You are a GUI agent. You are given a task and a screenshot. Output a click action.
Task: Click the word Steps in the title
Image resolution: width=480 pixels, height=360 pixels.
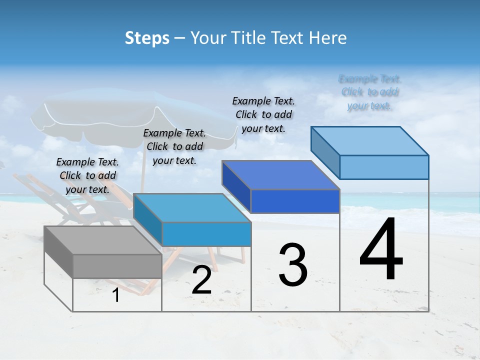pyautogui.click(x=147, y=38)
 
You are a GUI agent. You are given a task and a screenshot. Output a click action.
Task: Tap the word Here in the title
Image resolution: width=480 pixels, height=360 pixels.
pyautogui.click(x=328, y=38)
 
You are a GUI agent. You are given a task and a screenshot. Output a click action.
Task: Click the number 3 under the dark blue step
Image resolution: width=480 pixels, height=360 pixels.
pyautogui.click(x=292, y=265)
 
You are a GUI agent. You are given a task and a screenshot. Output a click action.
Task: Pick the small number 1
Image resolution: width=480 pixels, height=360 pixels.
pyautogui.click(x=116, y=295)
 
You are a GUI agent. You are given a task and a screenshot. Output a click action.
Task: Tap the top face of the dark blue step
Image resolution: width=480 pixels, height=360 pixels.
pyautogui.click(x=280, y=175)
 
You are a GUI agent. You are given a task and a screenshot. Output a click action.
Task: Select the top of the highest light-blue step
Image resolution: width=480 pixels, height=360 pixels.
pyautogui.click(x=369, y=141)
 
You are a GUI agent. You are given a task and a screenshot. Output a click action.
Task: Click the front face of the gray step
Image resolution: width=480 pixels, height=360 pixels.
pyautogui.click(x=117, y=266)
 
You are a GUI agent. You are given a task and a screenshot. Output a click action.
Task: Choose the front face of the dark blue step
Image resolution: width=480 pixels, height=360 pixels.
pyautogui.click(x=295, y=201)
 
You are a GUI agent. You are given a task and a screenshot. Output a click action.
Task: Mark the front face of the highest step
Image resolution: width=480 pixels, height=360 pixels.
pyautogui.click(x=384, y=167)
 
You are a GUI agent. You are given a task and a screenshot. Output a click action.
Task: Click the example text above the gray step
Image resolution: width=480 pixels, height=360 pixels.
pyautogui.click(x=88, y=175)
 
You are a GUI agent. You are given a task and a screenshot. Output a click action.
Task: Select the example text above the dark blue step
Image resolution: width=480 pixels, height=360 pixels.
pyautogui.click(x=263, y=114)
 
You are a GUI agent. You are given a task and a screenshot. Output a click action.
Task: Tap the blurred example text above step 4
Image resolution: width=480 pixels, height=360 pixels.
pyautogui.click(x=369, y=92)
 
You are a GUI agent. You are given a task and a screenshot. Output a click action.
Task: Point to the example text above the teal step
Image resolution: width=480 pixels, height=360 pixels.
pyautogui.click(x=174, y=146)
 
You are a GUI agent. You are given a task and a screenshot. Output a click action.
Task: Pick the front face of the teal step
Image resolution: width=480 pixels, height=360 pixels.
pyautogui.click(x=206, y=234)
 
